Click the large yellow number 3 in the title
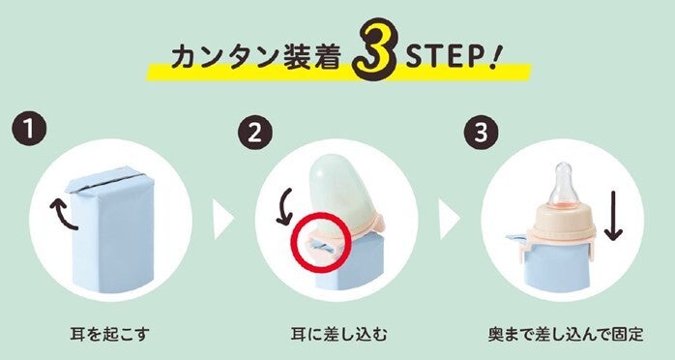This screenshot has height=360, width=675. click(x=374, y=50)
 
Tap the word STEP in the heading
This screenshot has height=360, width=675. click(x=447, y=55)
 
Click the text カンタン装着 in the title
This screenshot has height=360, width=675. click(x=256, y=57)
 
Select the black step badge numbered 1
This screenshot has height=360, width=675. click(x=29, y=129)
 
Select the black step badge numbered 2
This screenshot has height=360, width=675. click(x=254, y=132)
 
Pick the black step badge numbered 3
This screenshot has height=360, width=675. click(x=481, y=132)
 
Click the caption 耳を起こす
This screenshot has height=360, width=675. click(x=110, y=334)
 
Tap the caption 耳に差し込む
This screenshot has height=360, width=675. click(x=338, y=334)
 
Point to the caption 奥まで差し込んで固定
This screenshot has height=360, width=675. click(x=566, y=334)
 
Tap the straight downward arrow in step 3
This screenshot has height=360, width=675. click(x=613, y=215)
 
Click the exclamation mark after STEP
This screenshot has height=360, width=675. click(x=493, y=56)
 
